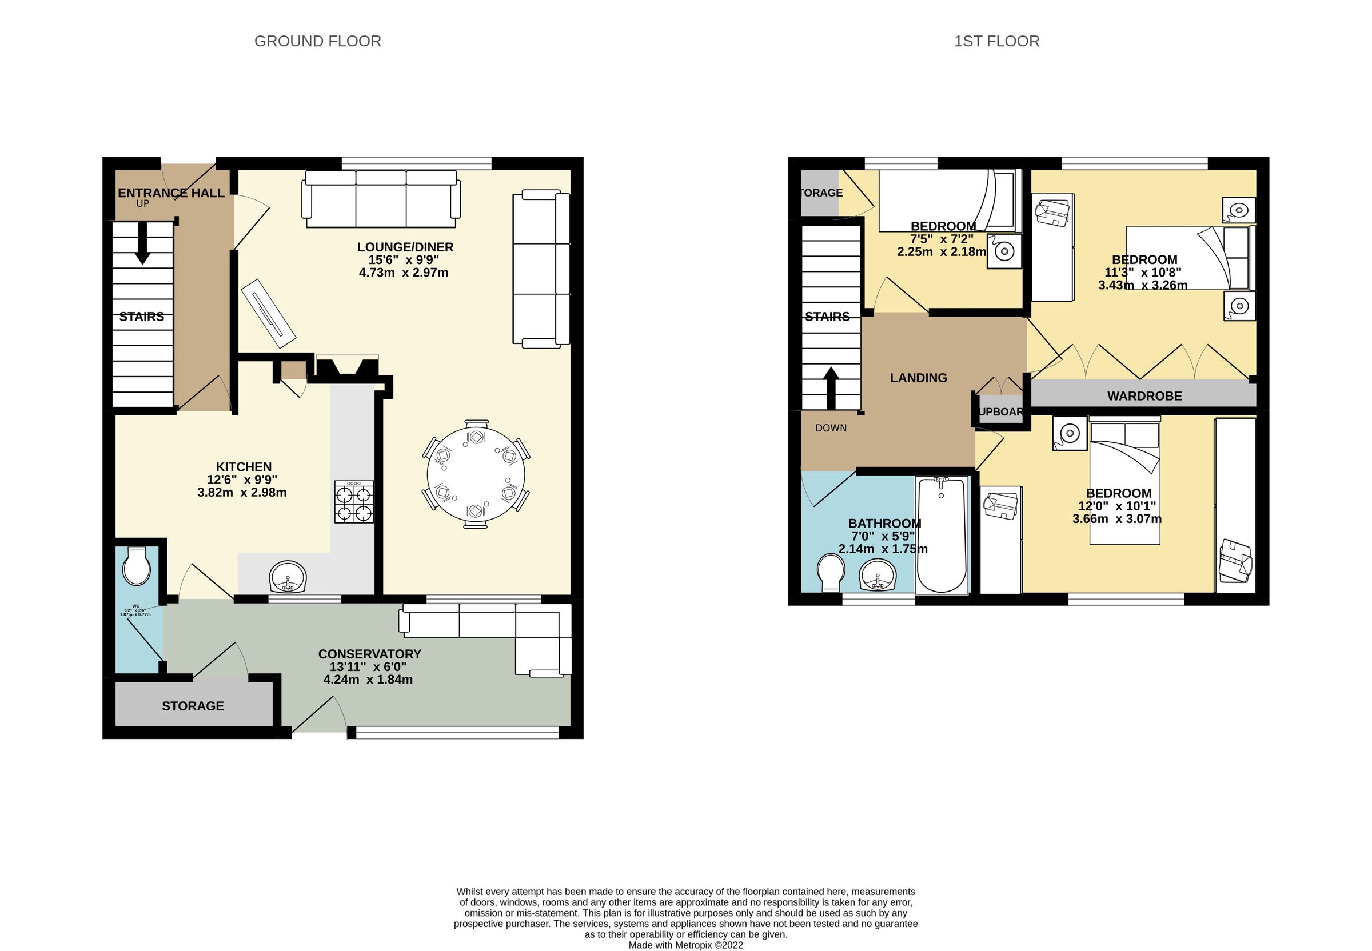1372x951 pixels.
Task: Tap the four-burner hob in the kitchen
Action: [353, 502]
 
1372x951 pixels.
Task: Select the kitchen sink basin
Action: [288, 577]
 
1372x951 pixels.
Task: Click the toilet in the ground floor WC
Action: [137, 566]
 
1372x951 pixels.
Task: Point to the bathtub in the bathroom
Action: [940, 534]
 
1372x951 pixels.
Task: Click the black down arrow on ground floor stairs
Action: [142, 243]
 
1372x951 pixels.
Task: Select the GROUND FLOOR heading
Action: [317, 41]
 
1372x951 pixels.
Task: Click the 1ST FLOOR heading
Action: [996, 41]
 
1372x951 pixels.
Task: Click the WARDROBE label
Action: [1144, 395]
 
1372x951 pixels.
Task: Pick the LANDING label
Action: [918, 378]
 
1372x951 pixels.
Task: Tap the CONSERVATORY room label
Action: [369, 654]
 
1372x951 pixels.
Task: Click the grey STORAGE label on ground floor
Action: [193, 705]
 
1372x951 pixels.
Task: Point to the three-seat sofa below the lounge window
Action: [381, 199]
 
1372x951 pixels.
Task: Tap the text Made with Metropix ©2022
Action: [685, 945]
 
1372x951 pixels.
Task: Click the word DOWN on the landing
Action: [830, 428]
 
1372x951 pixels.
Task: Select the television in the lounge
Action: [268, 313]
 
